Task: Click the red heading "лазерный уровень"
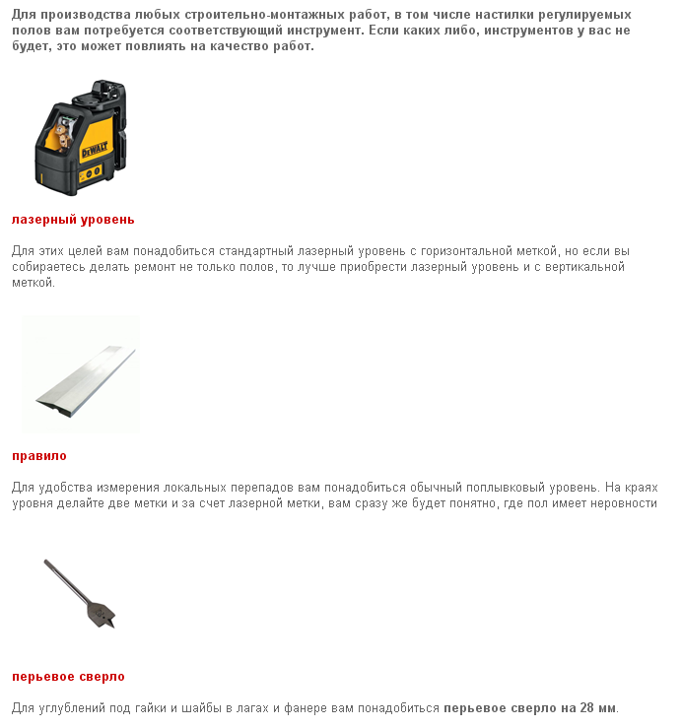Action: [x=73, y=219]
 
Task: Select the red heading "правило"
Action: [x=39, y=456]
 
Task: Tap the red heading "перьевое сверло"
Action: [x=68, y=677]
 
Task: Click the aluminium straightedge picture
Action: [x=84, y=373]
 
